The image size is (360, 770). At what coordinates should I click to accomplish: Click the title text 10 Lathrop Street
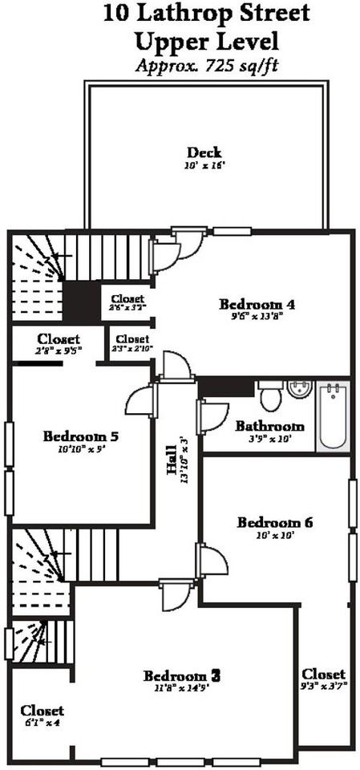point(207,14)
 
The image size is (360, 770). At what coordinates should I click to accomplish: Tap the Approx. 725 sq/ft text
point(206,67)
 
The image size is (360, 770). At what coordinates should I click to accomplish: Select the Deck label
point(204,152)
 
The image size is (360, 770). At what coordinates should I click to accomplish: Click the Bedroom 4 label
point(257,304)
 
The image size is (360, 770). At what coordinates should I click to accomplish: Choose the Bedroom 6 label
point(275,523)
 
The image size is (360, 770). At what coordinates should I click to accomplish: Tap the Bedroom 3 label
point(181,675)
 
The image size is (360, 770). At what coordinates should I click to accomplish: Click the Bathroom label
point(269,426)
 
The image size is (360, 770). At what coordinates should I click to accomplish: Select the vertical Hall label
point(172,481)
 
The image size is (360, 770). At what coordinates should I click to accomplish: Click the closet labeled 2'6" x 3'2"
point(127,302)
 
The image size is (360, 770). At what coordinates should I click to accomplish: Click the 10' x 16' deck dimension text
point(204,166)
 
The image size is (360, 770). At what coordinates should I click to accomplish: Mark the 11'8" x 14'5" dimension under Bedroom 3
point(181,688)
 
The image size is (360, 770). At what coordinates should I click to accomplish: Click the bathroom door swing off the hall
point(213,415)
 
